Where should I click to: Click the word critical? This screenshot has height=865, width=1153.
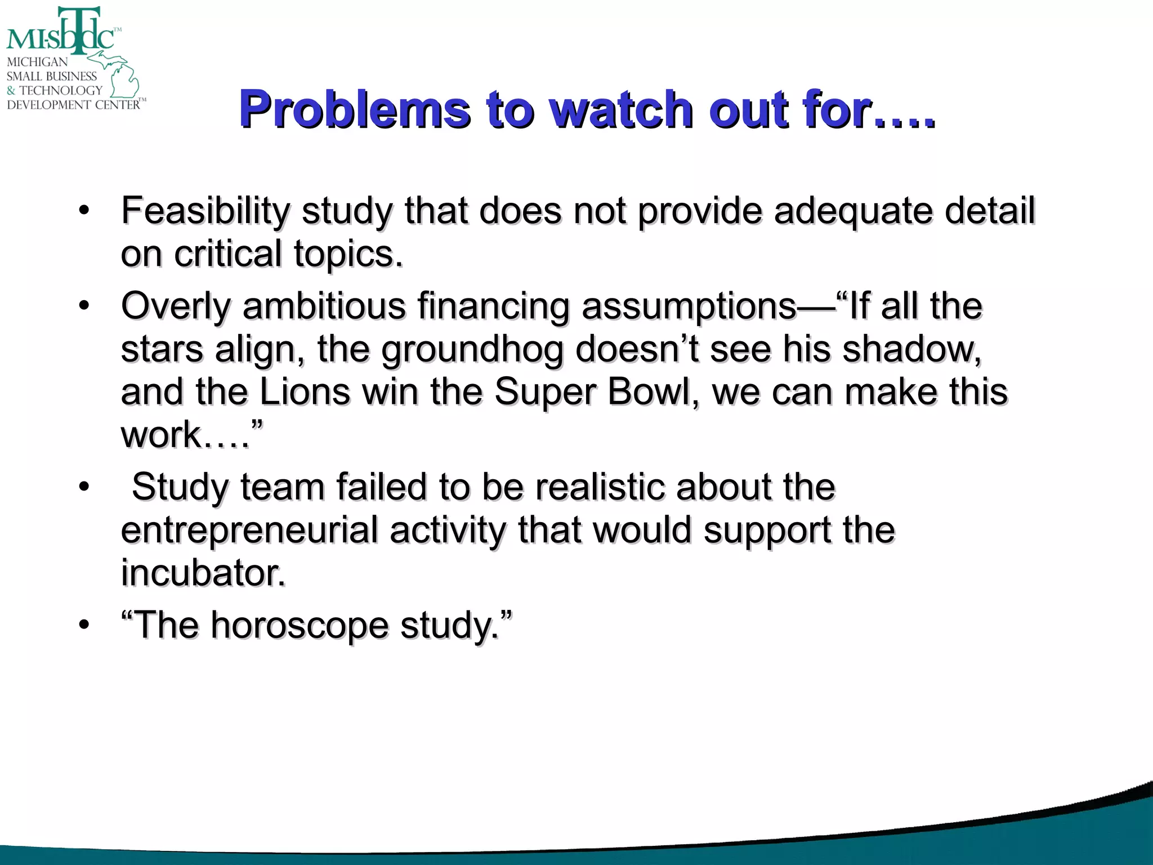tap(227, 254)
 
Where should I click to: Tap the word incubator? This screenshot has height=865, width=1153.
tap(203, 573)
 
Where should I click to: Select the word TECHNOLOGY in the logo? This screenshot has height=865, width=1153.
tap(61, 90)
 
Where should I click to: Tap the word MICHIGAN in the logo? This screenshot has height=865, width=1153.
tap(37, 62)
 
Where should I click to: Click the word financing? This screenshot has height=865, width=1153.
tap(493, 307)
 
